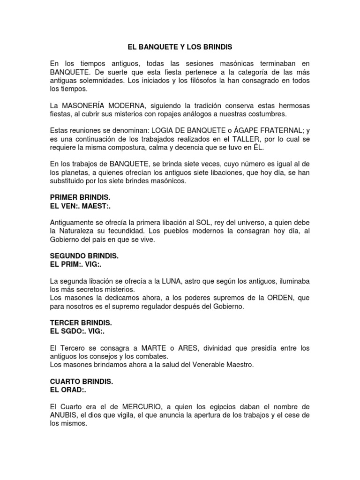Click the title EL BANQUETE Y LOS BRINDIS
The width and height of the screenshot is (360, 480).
pyautogui.click(x=180, y=47)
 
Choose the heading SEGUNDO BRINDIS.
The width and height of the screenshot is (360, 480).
pyautogui.click(x=84, y=257)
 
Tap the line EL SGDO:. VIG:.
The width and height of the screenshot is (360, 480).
pyautogui.click(x=77, y=332)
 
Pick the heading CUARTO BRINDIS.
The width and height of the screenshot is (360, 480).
pyautogui.click(x=81, y=381)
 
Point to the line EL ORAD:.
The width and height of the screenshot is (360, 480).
pyautogui.click(x=68, y=390)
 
